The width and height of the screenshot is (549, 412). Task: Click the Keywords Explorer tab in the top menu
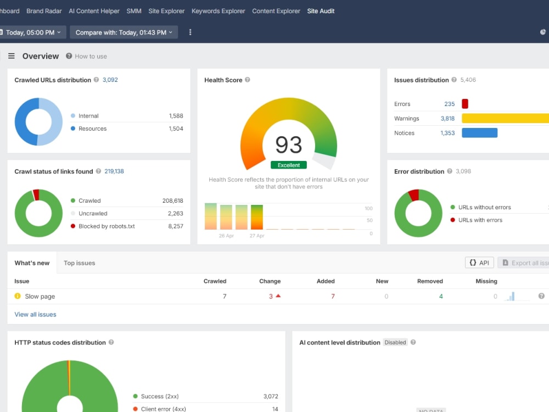click(218, 11)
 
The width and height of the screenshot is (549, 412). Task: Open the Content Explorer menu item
click(276, 11)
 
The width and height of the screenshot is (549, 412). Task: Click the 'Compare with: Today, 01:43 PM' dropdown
click(124, 32)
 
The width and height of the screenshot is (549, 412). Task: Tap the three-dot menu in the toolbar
click(190, 32)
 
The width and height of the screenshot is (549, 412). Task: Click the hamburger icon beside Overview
click(12, 56)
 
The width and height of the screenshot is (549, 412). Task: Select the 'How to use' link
click(91, 57)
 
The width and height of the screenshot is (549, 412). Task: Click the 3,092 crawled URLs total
click(110, 80)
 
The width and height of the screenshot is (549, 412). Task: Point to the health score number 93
click(289, 144)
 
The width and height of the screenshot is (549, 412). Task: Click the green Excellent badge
click(289, 165)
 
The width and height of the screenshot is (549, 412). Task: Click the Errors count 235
click(449, 104)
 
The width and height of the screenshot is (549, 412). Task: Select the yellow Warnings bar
click(505, 119)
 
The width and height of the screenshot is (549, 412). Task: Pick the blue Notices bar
click(479, 133)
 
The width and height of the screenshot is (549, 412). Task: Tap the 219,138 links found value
click(114, 171)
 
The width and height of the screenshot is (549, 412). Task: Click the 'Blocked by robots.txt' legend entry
click(107, 226)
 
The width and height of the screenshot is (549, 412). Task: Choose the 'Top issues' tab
click(80, 263)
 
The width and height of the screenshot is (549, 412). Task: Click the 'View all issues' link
click(35, 315)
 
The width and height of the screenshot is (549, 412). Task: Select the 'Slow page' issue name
click(40, 297)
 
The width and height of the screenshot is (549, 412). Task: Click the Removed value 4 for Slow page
click(441, 297)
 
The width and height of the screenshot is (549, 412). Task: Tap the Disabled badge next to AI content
click(395, 342)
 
